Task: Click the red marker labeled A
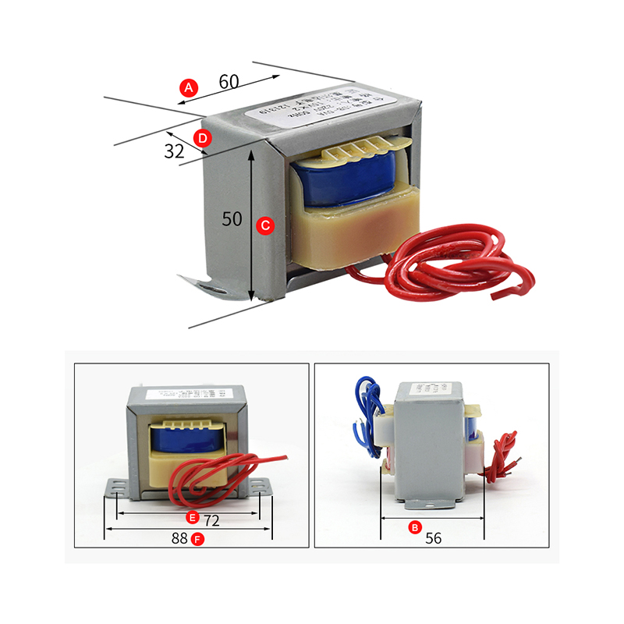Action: tap(188, 88)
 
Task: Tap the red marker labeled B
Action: tap(415, 527)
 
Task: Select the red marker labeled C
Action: tap(265, 225)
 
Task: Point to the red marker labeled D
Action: tap(203, 139)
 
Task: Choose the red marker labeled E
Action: tap(191, 518)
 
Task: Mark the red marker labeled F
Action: tap(198, 539)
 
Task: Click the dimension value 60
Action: tap(229, 81)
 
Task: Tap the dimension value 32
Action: tap(174, 151)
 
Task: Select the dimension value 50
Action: tap(232, 219)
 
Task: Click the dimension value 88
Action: tap(180, 539)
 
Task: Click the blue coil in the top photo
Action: tap(351, 186)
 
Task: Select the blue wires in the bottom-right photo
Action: tap(367, 406)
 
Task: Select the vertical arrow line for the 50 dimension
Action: tap(251, 226)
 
